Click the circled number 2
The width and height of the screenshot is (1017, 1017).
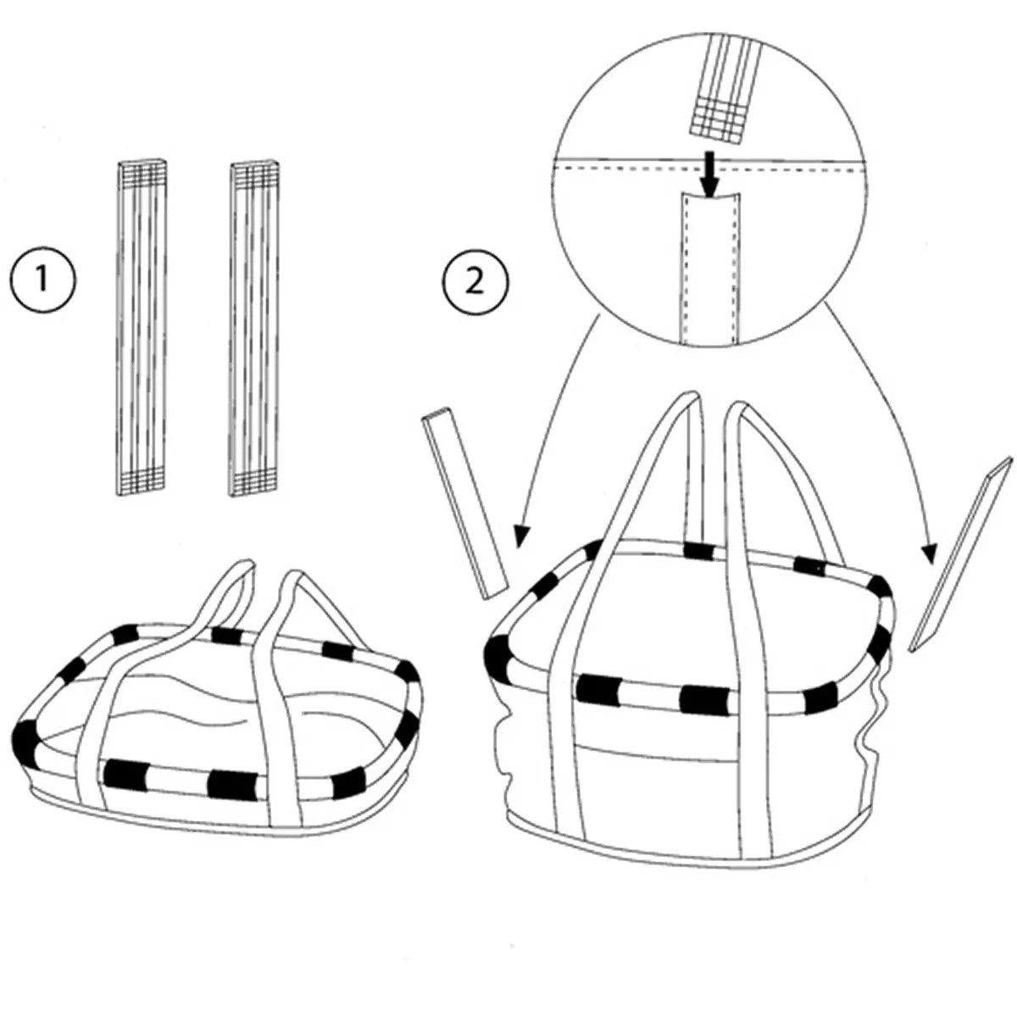click(475, 280)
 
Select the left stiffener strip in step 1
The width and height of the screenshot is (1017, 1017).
click(141, 326)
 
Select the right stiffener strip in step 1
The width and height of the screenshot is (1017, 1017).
click(254, 326)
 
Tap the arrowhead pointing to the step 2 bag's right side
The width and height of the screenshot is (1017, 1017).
click(930, 554)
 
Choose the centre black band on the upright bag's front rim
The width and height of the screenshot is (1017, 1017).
click(703, 699)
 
